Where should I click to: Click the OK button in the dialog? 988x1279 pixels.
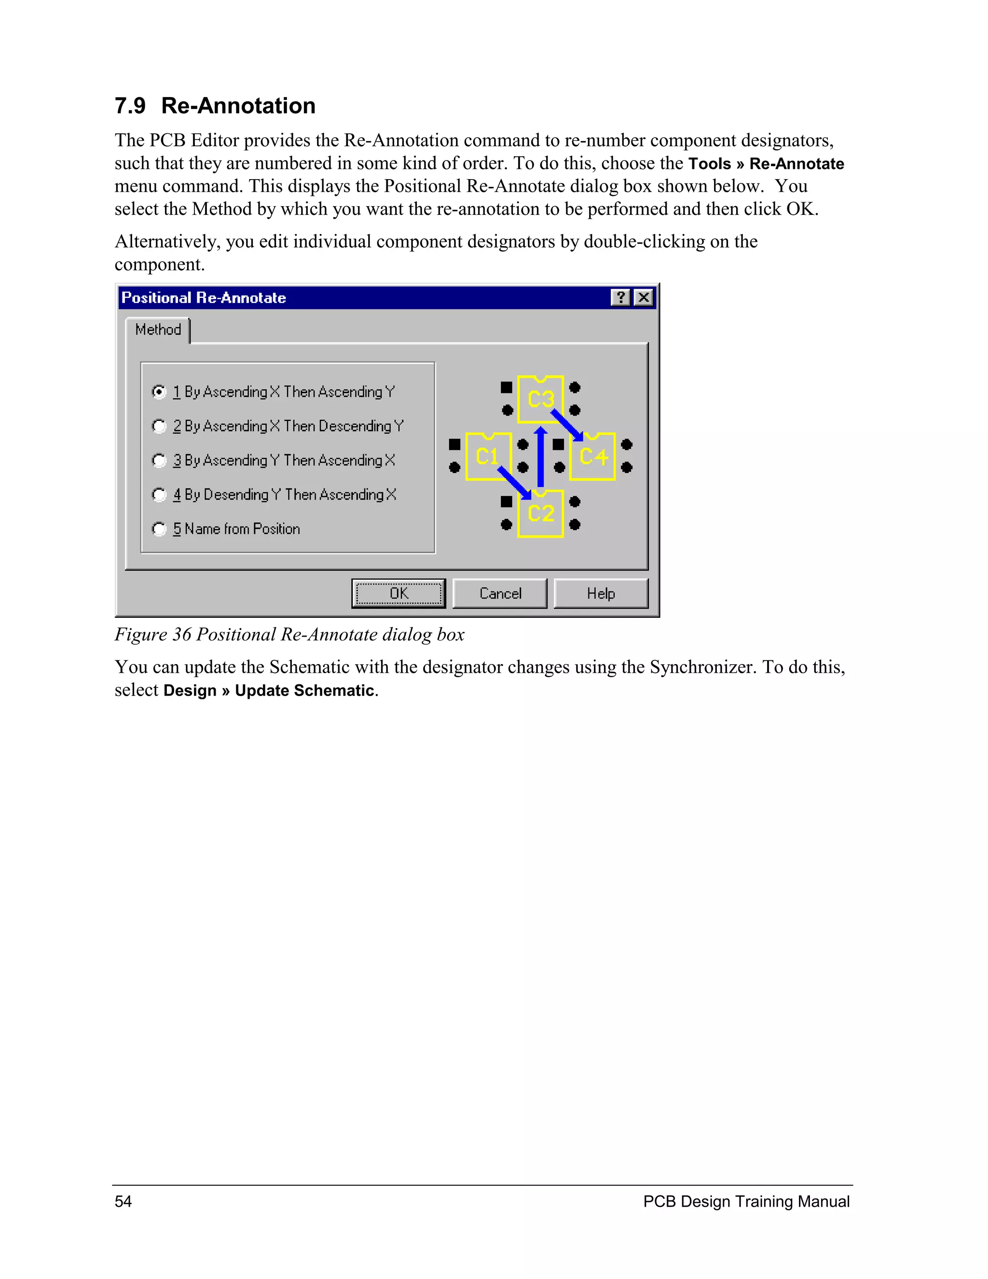click(x=398, y=593)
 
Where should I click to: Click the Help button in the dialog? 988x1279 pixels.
click(x=601, y=593)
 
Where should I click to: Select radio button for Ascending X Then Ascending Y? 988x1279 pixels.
click(x=159, y=391)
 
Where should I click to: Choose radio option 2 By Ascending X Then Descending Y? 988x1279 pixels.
click(x=159, y=426)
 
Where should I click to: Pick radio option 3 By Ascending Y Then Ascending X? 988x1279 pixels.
click(x=159, y=460)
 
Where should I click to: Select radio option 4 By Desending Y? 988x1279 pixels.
click(x=159, y=495)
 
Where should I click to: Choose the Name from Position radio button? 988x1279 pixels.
click(x=159, y=529)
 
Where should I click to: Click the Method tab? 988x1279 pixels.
click(x=158, y=330)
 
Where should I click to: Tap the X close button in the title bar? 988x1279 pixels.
click(x=643, y=297)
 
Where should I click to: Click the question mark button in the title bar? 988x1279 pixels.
click(x=620, y=297)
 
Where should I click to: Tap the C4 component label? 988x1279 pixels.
click(x=593, y=456)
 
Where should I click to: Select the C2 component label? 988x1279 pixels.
click(x=541, y=513)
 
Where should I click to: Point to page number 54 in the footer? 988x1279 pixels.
click(x=123, y=1201)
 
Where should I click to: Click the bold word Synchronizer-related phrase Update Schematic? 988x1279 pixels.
click(x=304, y=691)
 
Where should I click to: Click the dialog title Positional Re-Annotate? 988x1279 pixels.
click(x=204, y=297)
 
